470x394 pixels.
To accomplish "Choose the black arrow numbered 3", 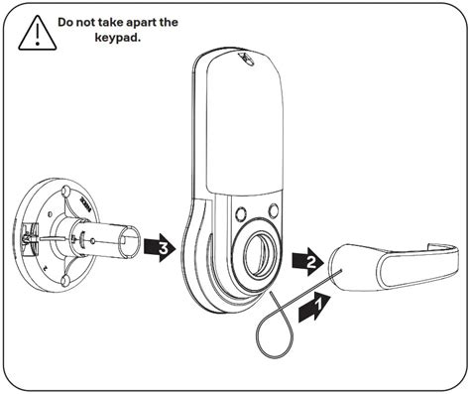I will [158, 244].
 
